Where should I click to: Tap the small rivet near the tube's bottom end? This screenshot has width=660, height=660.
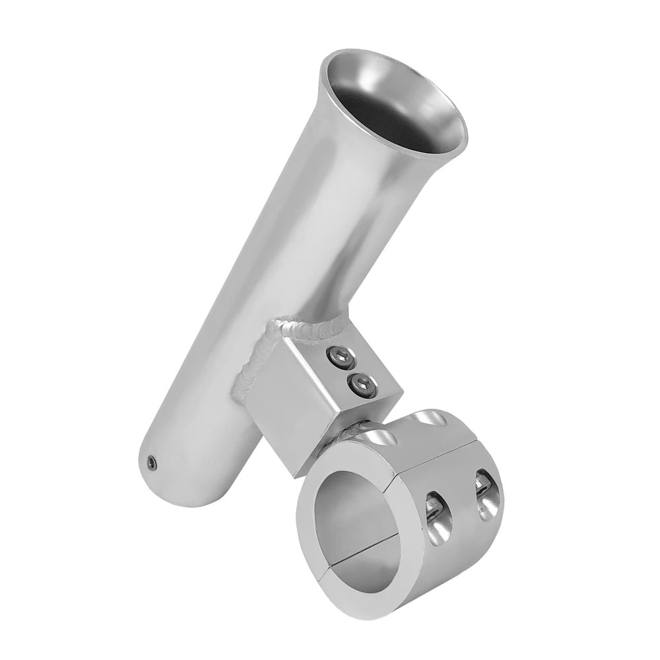[152, 463]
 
